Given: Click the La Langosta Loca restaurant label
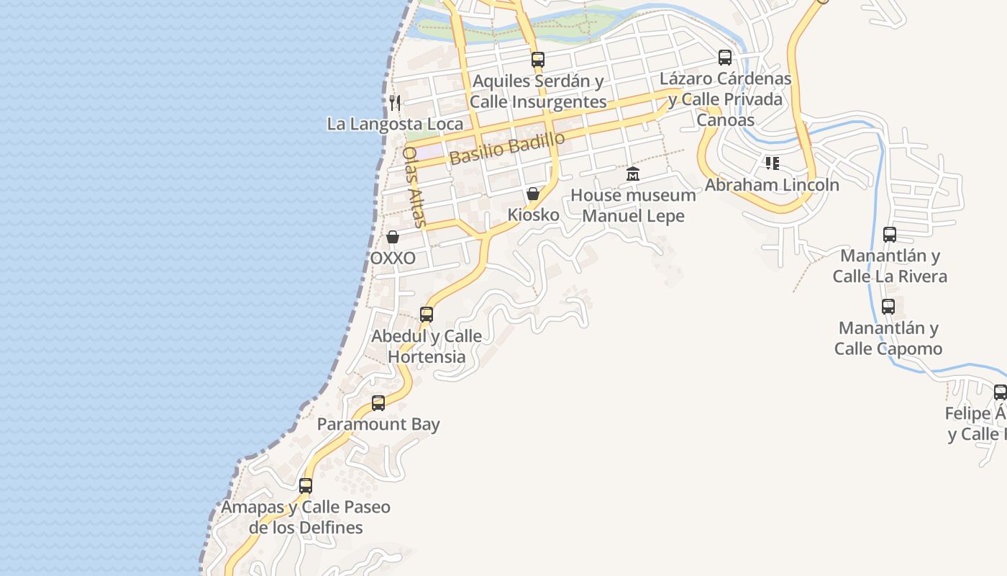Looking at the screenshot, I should [395, 124].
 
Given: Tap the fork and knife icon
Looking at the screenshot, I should [394, 102].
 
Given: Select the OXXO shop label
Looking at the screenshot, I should [393, 258].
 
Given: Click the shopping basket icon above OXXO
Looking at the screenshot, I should [393, 237].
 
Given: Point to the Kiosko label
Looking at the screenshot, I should [533, 215].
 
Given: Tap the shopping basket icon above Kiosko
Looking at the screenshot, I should [533, 194].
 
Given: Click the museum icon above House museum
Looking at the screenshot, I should [633, 174].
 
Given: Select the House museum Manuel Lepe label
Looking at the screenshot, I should [633, 205].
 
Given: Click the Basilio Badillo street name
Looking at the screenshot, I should [506, 148].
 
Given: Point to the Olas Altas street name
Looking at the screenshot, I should [414, 186].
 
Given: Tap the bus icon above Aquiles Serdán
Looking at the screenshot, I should [538, 60].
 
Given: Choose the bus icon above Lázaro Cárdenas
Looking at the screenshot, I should [725, 58].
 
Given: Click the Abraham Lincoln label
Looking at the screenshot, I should [772, 184].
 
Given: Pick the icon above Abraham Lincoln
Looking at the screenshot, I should [772, 163].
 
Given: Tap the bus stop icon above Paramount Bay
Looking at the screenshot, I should [378, 403].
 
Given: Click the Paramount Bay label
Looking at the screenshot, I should [378, 424].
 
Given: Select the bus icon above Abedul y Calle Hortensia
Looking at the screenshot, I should [427, 315].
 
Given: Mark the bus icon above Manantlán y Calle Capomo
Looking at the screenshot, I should [888, 307].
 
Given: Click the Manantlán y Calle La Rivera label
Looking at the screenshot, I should [890, 266].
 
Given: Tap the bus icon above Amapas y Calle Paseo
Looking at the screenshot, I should [306, 486].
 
